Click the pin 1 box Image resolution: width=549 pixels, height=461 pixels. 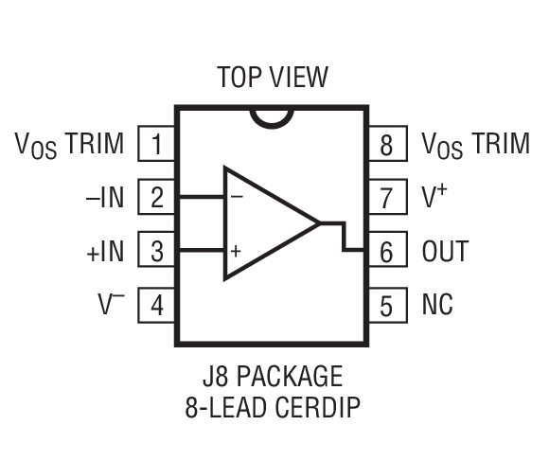point(157,144)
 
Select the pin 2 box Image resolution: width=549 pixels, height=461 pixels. point(157,198)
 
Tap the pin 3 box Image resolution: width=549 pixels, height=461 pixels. point(157,252)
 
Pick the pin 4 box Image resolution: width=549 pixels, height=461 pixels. point(157,306)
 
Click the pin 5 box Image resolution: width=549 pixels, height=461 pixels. point(387,306)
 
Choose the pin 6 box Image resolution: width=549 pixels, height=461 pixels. point(387,252)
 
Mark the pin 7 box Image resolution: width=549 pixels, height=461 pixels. point(387,198)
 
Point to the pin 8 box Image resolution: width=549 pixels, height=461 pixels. point(387,144)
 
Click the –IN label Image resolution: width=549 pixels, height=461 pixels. point(104,198)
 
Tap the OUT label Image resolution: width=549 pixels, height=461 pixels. point(445,252)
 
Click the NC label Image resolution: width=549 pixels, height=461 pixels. point(437,306)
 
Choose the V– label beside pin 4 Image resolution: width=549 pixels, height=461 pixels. point(111,305)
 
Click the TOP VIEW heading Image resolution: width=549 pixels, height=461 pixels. point(273,77)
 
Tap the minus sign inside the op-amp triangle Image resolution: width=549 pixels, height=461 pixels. point(236,198)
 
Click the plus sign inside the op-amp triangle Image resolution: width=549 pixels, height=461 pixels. point(236,252)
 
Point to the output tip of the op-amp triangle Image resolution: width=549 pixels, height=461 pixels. point(319,224)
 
